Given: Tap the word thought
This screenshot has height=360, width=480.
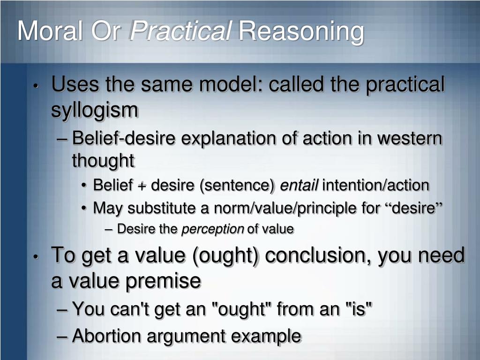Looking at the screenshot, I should point(103,161).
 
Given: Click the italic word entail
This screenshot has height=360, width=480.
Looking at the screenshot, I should point(299,186).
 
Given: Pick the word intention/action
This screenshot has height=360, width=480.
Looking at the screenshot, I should point(375,186).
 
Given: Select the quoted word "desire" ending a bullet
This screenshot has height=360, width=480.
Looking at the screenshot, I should point(413,208).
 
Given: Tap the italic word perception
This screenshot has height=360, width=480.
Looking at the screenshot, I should point(213,229).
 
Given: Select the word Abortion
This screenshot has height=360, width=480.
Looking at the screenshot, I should point(109,336).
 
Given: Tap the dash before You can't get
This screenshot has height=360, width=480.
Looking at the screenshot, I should point(65,309).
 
